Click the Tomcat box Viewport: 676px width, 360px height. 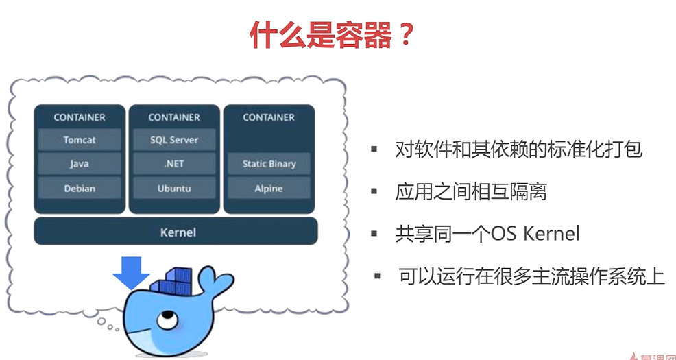pyautogui.click(x=80, y=140)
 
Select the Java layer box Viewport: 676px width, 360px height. pyautogui.click(x=80, y=164)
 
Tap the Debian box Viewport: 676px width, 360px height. pyautogui.click(x=80, y=189)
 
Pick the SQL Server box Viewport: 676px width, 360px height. pyautogui.click(x=174, y=140)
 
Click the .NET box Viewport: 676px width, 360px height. pyautogui.click(x=174, y=164)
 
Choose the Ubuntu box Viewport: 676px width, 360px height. pyautogui.click(x=174, y=189)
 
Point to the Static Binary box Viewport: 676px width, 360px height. pyautogui.click(x=269, y=164)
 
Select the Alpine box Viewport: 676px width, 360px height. pyautogui.click(x=269, y=189)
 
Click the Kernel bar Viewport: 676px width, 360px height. pyautogui.click(x=176, y=232)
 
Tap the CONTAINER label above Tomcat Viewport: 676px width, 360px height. pyautogui.click(x=80, y=117)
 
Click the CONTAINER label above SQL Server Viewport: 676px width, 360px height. pyautogui.click(x=174, y=117)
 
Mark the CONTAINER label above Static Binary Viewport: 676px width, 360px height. pyautogui.click(x=269, y=117)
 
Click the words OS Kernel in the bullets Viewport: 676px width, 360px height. pyautogui.click(x=535, y=234)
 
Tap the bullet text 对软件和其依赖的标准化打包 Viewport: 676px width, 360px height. pyautogui.click(x=518, y=149)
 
